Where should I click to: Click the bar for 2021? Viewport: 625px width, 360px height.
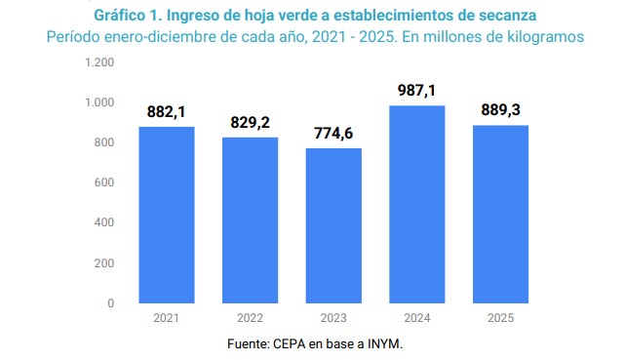[x=167, y=215]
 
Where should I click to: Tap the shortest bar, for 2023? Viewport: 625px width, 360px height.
[x=333, y=225]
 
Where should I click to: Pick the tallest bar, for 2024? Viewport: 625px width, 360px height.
[x=417, y=204]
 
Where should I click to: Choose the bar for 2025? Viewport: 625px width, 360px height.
[x=501, y=214]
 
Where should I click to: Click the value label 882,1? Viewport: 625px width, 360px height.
[x=167, y=112]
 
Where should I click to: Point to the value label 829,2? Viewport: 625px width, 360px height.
[x=250, y=123]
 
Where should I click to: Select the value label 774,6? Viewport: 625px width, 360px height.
[x=333, y=134]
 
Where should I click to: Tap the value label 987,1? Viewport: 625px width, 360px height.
[x=417, y=91]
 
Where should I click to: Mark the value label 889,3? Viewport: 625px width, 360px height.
[x=501, y=110]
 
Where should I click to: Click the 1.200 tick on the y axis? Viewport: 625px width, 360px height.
[x=100, y=62]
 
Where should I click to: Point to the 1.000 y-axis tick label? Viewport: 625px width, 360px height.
[x=100, y=102]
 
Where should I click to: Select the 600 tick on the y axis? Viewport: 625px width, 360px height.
[x=105, y=182]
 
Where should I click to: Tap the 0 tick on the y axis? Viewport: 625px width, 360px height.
[x=111, y=303]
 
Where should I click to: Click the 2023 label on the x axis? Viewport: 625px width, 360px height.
[x=333, y=318]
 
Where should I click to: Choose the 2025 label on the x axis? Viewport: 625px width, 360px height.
[x=501, y=318]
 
